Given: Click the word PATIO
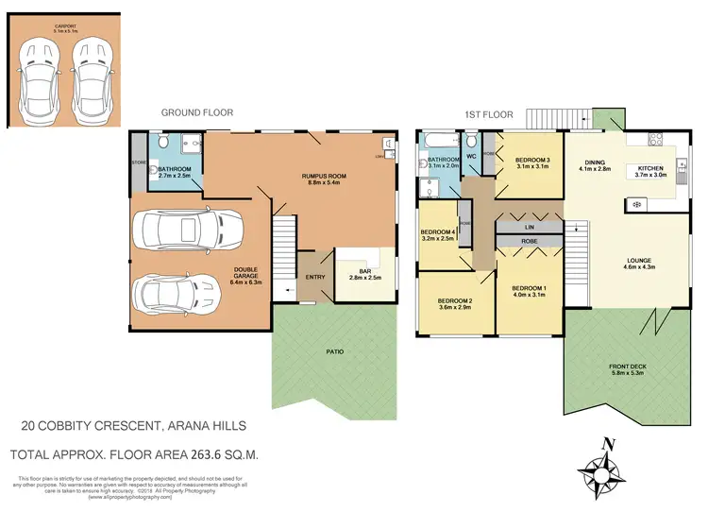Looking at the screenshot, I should click(x=335, y=351).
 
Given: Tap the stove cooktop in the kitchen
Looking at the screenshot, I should click(x=634, y=204).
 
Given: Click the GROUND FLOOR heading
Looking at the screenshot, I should click(x=196, y=112).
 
